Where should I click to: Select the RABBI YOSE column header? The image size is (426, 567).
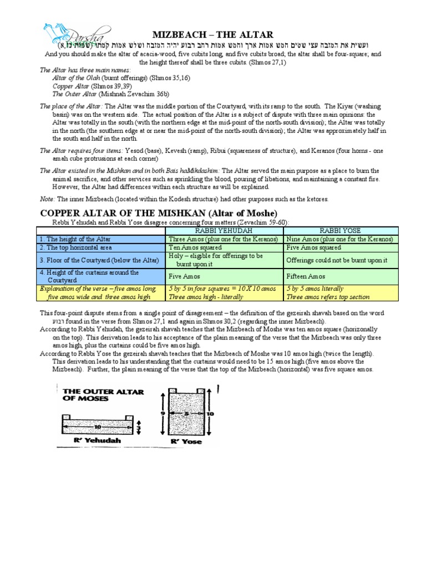coord(339,231)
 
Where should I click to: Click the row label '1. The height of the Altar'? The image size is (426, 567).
coord(75,239)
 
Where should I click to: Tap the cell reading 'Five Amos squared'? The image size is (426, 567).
coord(313,248)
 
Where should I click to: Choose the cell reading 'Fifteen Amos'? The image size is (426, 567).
coord(306,276)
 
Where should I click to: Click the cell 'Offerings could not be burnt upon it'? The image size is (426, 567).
coord(336,260)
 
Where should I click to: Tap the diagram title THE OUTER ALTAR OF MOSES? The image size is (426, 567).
coord(100,395)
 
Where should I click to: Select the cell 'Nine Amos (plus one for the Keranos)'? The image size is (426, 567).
coord(339,239)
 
